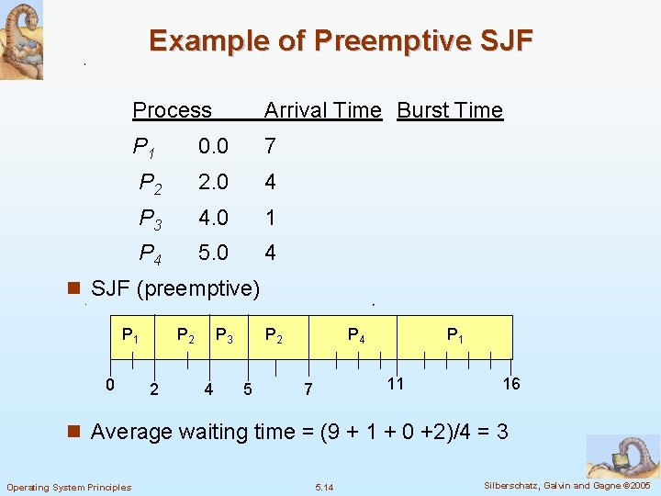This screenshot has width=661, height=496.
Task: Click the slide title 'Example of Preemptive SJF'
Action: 341,41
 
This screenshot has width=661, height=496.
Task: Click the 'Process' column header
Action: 172,110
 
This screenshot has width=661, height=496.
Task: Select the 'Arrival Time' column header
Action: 322,110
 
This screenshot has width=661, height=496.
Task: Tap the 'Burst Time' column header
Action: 450,110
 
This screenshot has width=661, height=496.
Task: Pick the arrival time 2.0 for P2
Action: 213,182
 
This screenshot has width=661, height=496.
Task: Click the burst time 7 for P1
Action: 270,146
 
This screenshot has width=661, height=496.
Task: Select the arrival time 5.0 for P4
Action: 213,253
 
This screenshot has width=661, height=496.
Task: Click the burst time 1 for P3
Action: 270,218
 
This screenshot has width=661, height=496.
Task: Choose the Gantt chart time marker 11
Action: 395,383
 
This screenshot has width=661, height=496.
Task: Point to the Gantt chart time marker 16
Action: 511,383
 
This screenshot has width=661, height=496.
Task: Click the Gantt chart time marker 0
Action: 108,383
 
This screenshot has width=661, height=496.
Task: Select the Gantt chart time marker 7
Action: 308,390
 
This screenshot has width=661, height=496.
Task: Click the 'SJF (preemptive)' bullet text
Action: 175,288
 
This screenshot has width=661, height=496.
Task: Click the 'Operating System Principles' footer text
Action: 69,487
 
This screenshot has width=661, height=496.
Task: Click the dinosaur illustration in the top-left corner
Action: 21,39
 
